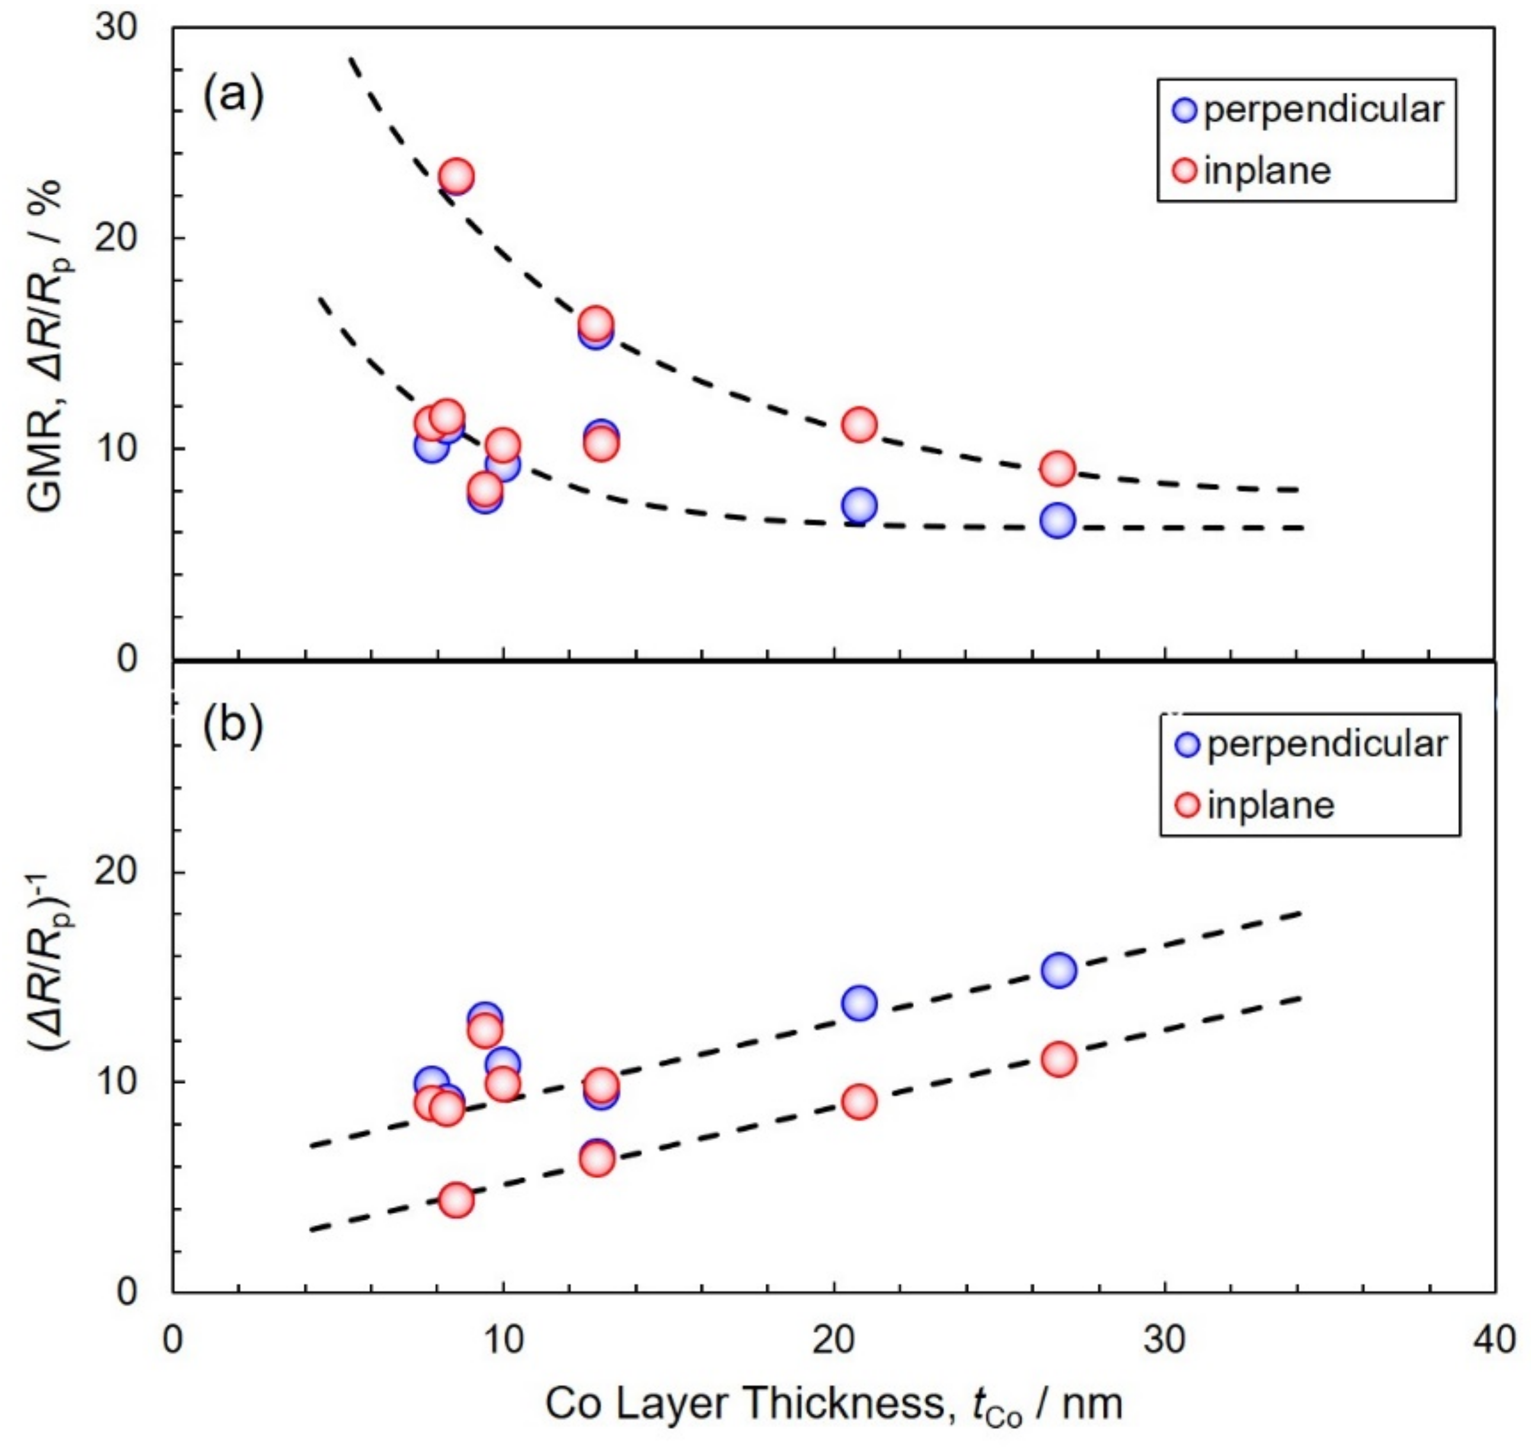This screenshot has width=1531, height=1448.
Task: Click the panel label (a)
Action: click(x=233, y=98)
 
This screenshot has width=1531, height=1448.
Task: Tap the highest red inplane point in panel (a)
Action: click(x=457, y=176)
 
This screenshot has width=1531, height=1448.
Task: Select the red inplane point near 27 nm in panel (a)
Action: click(x=1057, y=468)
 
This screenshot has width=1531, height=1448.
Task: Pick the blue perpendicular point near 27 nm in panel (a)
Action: click(x=1057, y=521)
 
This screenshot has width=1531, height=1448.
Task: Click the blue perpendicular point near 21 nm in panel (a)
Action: click(x=859, y=506)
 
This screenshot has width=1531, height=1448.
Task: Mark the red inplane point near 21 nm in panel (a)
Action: click(x=859, y=425)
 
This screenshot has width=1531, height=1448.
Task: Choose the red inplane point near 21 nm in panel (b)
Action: click(x=859, y=1102)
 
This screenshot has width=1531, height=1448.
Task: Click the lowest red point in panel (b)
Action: click(x=457, y=1200)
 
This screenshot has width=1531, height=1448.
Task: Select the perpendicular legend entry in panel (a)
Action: click(x=1308, y=110)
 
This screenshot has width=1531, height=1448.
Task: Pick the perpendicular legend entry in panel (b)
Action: click(x=1311, y=745)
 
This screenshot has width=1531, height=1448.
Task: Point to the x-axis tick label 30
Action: click(x=1164, y=1340)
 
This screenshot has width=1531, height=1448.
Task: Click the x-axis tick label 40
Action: click(x=1493, y=1340)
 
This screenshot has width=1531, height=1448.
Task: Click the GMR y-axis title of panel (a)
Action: click(x=46, y=347)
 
